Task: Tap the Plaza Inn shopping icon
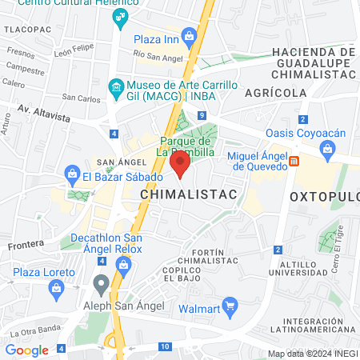click(x=189, y=35)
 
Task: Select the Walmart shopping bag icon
click(x=230, y=304)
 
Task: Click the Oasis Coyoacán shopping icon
click(x=326, y=148)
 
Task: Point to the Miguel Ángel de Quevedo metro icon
click(x=294, y=161)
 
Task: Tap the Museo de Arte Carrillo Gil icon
click(x=116, y=86)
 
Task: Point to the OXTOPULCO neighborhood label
click(x=324, y=195)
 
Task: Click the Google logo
click(x=26, y=350)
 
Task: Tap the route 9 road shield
click(x=201, y=117)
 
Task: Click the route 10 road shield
click(x=164, y=346)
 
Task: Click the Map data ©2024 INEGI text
click(x=312, y=354)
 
